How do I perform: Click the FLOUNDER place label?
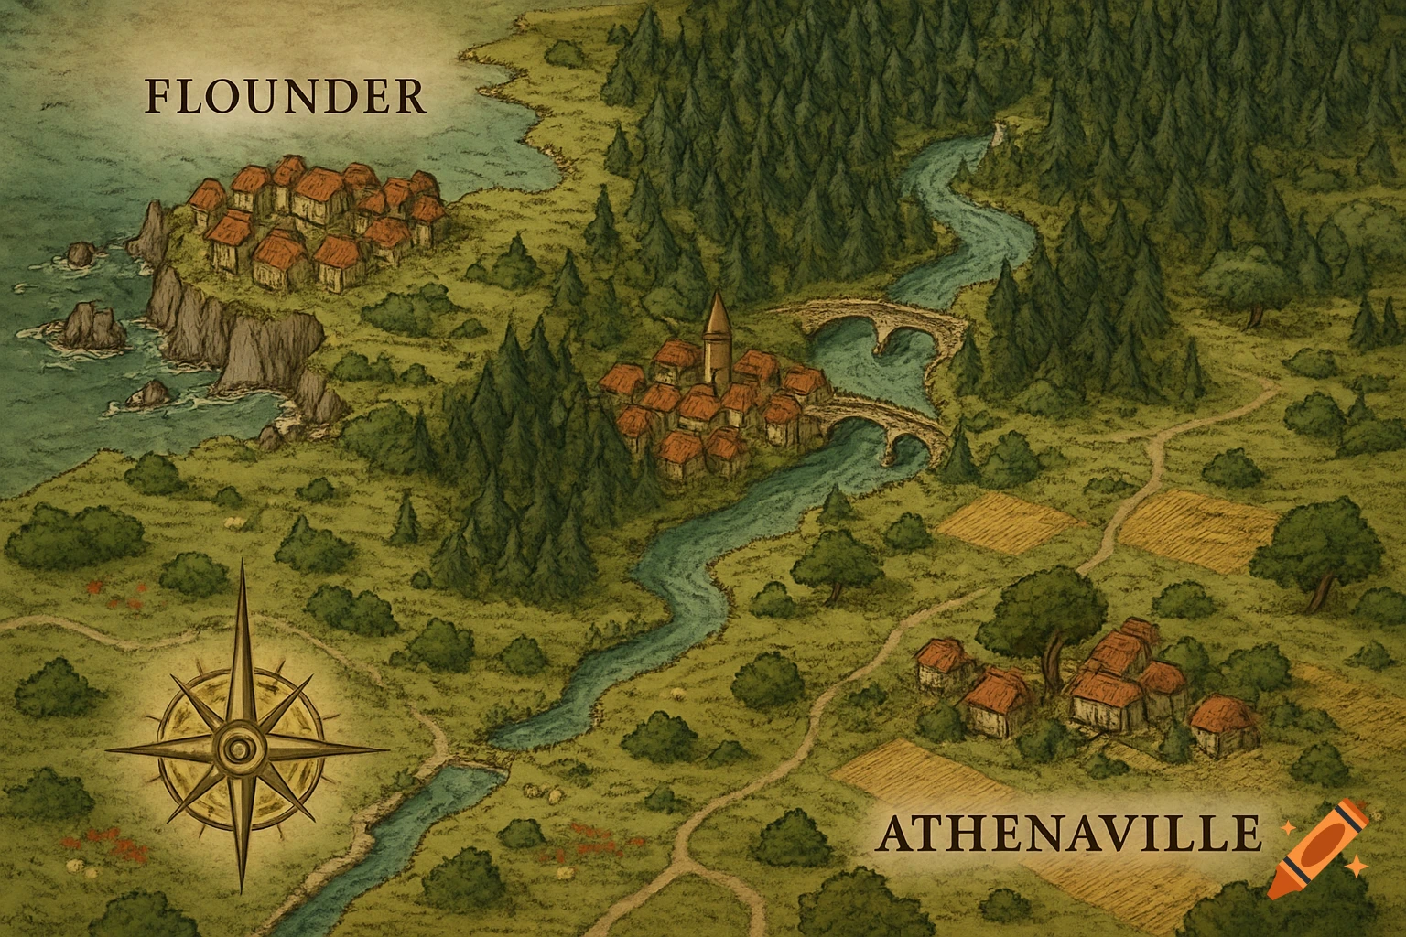[286, 97]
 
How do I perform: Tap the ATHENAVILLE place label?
[1067, 835]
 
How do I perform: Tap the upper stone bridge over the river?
[870, 326]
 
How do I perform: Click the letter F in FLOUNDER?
[159, 97]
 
